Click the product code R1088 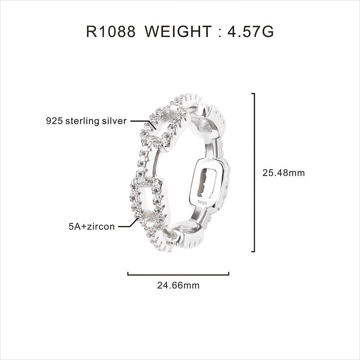[x=111, y=32]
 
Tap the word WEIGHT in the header [x=178, y=32]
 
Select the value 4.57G [x=251, y=32]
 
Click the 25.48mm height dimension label [x=284, y=173]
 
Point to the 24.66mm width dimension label [x=178, y=285]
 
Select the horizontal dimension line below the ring [x=178, y=275]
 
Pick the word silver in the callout [x=114, y=121]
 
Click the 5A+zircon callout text [x=92, y=227]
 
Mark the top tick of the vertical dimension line [x=253, y=94]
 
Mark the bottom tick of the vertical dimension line [x=253, y=251]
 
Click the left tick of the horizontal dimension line [x=128, y=274]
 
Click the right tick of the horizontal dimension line [x=229, y=274]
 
